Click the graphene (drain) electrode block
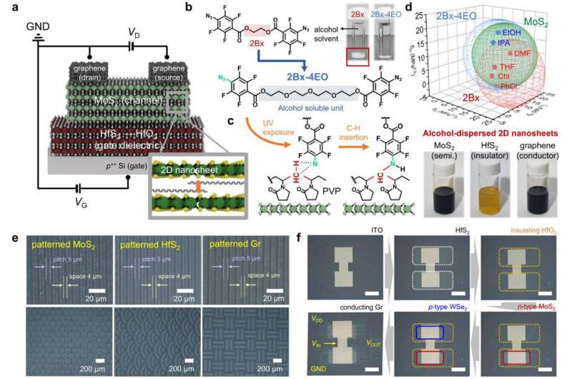tap(89, 72)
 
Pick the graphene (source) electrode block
tap(168, 72)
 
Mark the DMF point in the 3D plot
tap(521, 53)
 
